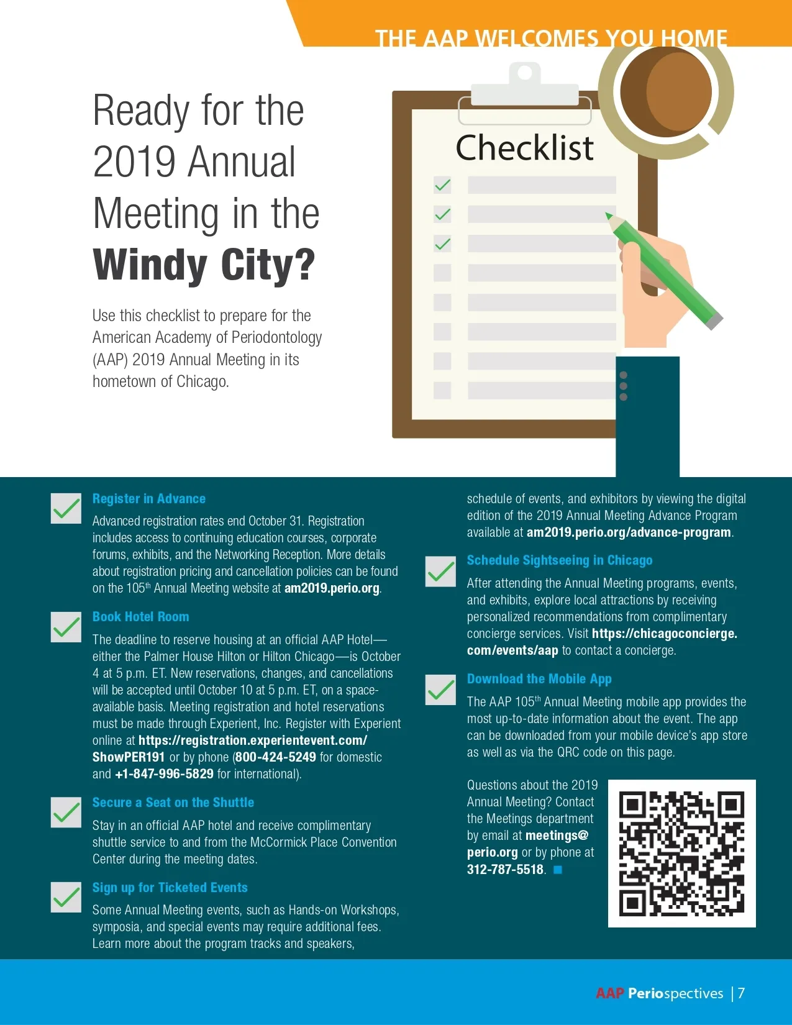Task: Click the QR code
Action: tap(681, 853)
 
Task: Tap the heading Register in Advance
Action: tap(148, 499)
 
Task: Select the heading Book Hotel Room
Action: tap(140, 617)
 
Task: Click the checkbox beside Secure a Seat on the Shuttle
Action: tap(66, 813)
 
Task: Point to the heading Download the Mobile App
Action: tap(539, 679)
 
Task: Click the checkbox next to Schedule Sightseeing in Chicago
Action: tap(440, 572)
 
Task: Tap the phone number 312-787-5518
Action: tap(505, 870)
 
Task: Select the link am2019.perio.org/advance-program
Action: tap(629, 532)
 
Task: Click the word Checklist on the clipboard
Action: tap(525, 148)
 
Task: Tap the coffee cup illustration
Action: tap(667, 92)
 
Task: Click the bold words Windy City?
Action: tap(204, 265)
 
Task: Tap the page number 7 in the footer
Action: tap(741, 993)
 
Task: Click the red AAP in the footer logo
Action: tap(609, 993)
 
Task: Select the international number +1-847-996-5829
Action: tap(165, 774)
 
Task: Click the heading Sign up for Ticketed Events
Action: tap(170, 888)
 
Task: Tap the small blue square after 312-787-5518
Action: tap(558, 870)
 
